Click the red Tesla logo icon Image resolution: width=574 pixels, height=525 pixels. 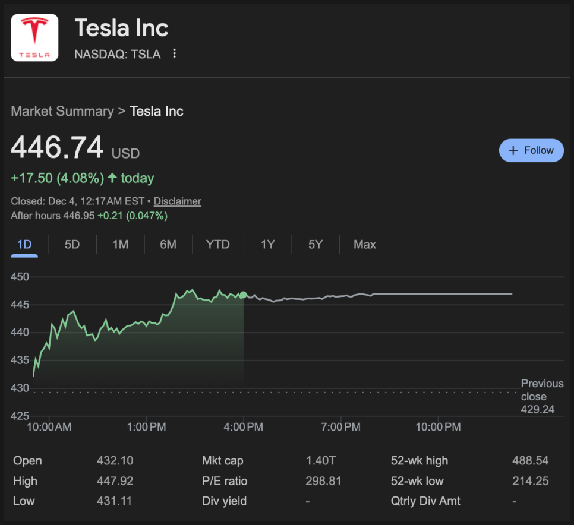pos(34,37)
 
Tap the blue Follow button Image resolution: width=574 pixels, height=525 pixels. pos(531,150)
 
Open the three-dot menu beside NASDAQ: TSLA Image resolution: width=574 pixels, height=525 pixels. pos(174,54)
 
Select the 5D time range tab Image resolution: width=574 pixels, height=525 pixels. pos(72,245)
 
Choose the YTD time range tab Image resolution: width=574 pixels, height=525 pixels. pos(217,245)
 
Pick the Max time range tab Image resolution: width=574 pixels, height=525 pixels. pos(364,245)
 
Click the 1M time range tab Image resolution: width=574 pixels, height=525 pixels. pos(120,245)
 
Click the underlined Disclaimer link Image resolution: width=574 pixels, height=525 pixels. pos(177,201)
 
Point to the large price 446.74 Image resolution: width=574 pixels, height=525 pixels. pos(57,148)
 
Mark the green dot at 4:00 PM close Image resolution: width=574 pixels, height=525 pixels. pos(243,295)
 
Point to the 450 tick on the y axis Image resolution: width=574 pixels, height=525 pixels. pos(20,277)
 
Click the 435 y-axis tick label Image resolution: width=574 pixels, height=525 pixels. pos(20,360)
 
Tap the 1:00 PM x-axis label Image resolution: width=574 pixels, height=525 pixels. pos(146,427)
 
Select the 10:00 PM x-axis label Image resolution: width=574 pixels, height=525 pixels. pos(438,427)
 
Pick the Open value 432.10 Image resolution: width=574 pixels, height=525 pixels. pos(115,461)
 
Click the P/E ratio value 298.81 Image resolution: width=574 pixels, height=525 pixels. pos(323,481)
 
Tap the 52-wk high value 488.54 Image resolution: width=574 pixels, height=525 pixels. pos(530,461)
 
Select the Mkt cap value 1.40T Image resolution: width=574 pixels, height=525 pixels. pos(321,461)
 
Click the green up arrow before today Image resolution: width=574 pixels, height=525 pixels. pos(112,178)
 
